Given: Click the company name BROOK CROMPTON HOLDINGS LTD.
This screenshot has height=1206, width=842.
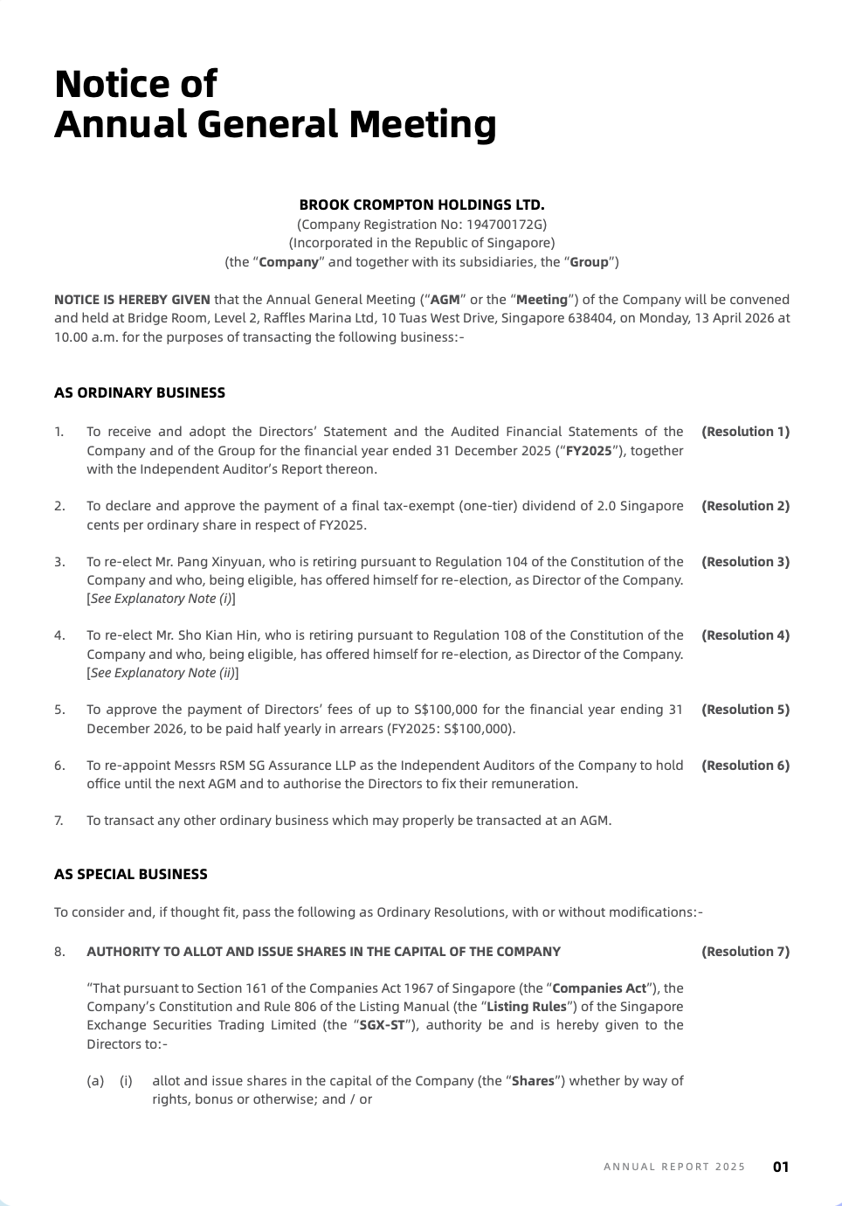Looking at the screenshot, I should (x=421, y=205).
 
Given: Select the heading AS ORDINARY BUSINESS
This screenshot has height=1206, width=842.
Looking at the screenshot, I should (x=140, y=393).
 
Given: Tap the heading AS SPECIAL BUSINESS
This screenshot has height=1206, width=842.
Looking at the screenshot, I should (x=131, y=875).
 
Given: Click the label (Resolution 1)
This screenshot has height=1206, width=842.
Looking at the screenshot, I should (x=745, y=432).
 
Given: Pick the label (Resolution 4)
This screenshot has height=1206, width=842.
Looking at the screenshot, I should (x=745, y=635).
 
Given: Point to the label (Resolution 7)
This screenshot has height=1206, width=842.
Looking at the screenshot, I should (x=745, y=952).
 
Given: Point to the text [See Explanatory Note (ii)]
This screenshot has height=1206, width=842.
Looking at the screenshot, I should (x=162, y=673).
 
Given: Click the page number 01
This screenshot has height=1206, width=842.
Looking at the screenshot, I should (x=781, y=1167).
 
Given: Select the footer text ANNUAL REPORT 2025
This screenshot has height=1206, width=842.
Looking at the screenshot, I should (x=674, y=1167).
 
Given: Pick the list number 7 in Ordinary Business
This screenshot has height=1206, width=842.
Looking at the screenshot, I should (x=59, y=821).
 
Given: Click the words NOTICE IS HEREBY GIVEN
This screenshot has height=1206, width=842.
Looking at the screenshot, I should (x=132, y=300).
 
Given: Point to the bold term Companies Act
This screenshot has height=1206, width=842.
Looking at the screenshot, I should (x=599, y=988).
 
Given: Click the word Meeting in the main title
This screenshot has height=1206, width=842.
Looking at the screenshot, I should (x=423, y=124).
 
